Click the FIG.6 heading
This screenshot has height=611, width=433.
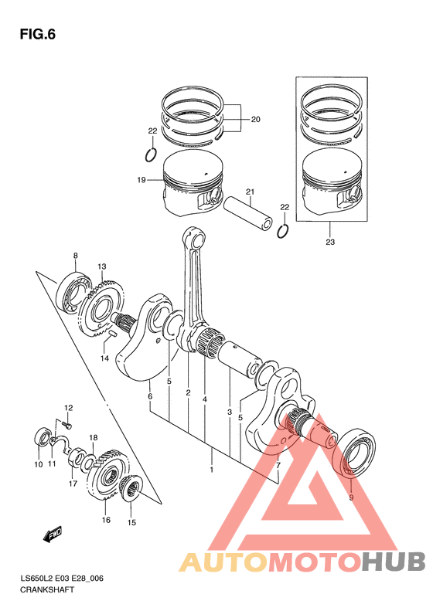click(37, 34)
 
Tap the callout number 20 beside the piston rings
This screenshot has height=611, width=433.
click(255, 119)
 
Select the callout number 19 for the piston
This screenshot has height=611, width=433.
click(141, 180)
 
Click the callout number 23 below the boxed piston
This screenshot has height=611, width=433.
click(330, 242)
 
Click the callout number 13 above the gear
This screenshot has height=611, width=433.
click(102, 266)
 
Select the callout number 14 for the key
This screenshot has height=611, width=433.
click(104, 358)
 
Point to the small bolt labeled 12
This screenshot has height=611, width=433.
click(67, 425)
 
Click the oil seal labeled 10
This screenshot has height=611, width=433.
click(43, 437)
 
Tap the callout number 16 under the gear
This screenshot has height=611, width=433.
click(106, 520)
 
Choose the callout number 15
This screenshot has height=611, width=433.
click(132, 522)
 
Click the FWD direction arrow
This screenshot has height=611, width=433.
click(53, 535)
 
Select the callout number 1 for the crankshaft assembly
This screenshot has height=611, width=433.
click(211, 470)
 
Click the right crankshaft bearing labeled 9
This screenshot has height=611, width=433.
click(355, 452)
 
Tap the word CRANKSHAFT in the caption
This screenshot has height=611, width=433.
click(47, 589)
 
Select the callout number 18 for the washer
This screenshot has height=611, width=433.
click(94, 438)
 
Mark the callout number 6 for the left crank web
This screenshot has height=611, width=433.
click(150, 397)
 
